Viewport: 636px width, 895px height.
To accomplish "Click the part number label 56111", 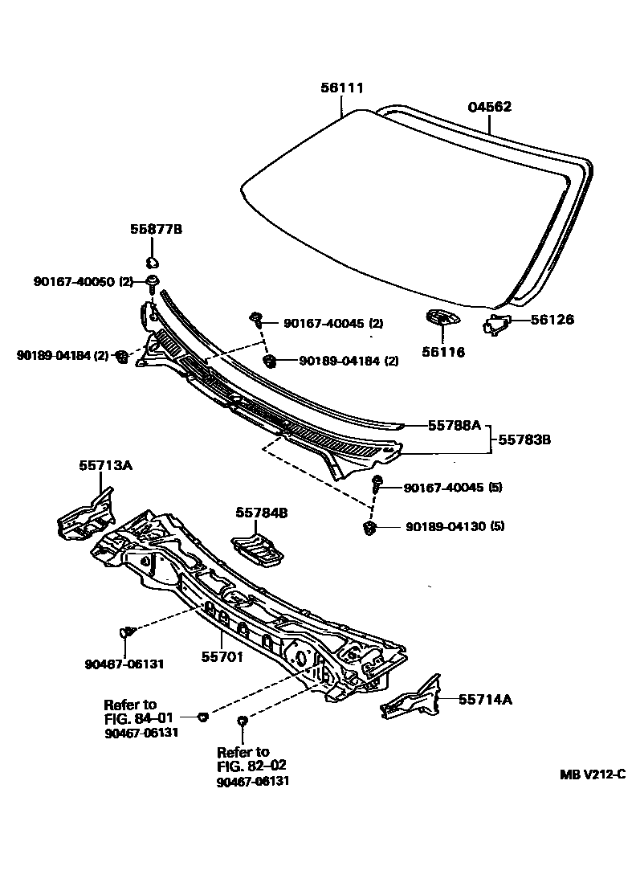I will (342, 90).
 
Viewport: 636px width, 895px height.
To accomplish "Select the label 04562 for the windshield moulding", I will (489, 107).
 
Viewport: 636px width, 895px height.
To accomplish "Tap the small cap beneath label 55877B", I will (152, 262).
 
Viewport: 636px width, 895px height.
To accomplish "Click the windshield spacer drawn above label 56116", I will (440, 319).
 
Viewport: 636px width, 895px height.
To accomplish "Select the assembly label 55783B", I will (525, 440).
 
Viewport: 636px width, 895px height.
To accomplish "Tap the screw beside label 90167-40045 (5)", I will (377, 484).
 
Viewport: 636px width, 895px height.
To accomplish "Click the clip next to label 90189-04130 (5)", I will (370, 528).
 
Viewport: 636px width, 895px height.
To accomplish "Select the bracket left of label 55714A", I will (411, 700).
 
